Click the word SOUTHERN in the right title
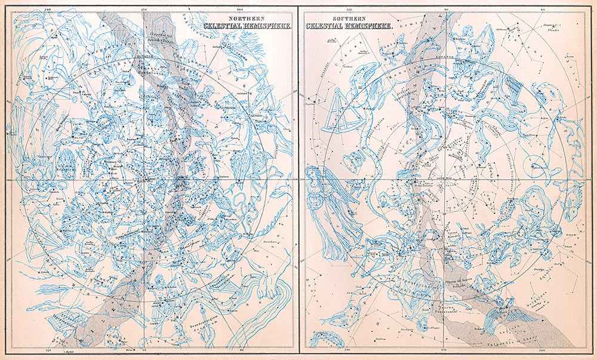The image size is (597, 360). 327,17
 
